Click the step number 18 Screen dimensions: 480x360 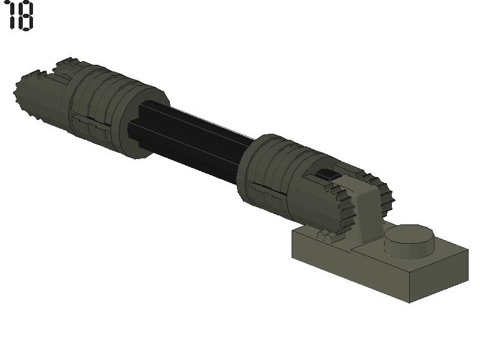point(20,16)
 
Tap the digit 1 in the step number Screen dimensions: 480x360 point(11,16)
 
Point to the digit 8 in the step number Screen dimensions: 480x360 point(26,16)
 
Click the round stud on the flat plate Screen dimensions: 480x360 point(409,241)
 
